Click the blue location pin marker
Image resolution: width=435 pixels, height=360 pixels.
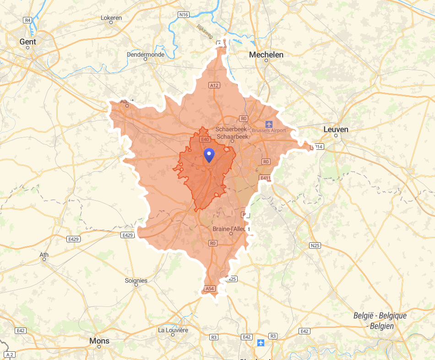209,155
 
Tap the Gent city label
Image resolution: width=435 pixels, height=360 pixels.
27,42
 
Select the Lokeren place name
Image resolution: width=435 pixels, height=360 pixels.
111,18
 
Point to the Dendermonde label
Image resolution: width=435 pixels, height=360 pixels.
145,55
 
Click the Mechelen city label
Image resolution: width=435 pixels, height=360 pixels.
266,55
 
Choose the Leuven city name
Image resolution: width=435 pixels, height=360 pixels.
336,129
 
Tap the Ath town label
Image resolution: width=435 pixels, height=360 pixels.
44,255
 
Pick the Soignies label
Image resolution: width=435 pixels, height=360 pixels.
136,280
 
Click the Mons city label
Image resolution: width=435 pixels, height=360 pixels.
99,341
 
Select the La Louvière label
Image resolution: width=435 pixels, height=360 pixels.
173,330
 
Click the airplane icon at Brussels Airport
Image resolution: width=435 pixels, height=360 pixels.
269,124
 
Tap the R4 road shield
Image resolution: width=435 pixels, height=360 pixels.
28,20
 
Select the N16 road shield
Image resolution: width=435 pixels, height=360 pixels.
184,15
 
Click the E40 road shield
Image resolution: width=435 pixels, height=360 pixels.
205,139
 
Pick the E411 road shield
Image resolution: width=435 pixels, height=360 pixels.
265,178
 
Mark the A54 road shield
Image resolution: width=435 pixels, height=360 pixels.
209,289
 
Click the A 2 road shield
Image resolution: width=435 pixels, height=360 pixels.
10,355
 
